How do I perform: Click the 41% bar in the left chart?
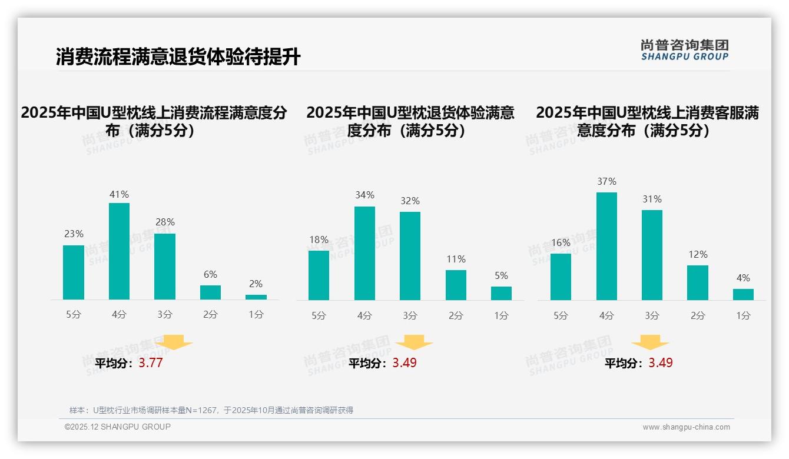coord(119,251)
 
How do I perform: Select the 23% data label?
coord(74,234)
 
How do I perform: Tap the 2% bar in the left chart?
coord(256,297)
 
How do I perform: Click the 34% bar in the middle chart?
coord(364,253)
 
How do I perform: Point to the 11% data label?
coord(456,259)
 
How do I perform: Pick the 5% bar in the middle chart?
coord(501,293)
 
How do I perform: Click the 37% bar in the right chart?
coord(606,246)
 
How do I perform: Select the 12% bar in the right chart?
coord(698,282)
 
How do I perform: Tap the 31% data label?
coord(652,199)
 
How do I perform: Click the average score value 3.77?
coord(151,362)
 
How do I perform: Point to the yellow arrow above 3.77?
coord(174,342)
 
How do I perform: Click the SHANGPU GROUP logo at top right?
coord(684,50)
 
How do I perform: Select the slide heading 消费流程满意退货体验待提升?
coord(178,57)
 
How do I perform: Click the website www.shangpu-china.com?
coord(686,427)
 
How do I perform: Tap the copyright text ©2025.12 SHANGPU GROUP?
coord(118,427)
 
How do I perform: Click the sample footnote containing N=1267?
coord(211,410)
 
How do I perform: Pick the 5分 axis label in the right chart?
coord(561,315)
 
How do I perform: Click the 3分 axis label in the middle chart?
coord(410,315)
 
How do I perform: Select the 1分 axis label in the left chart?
coord(256,314)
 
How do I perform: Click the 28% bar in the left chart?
coord(165,267)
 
